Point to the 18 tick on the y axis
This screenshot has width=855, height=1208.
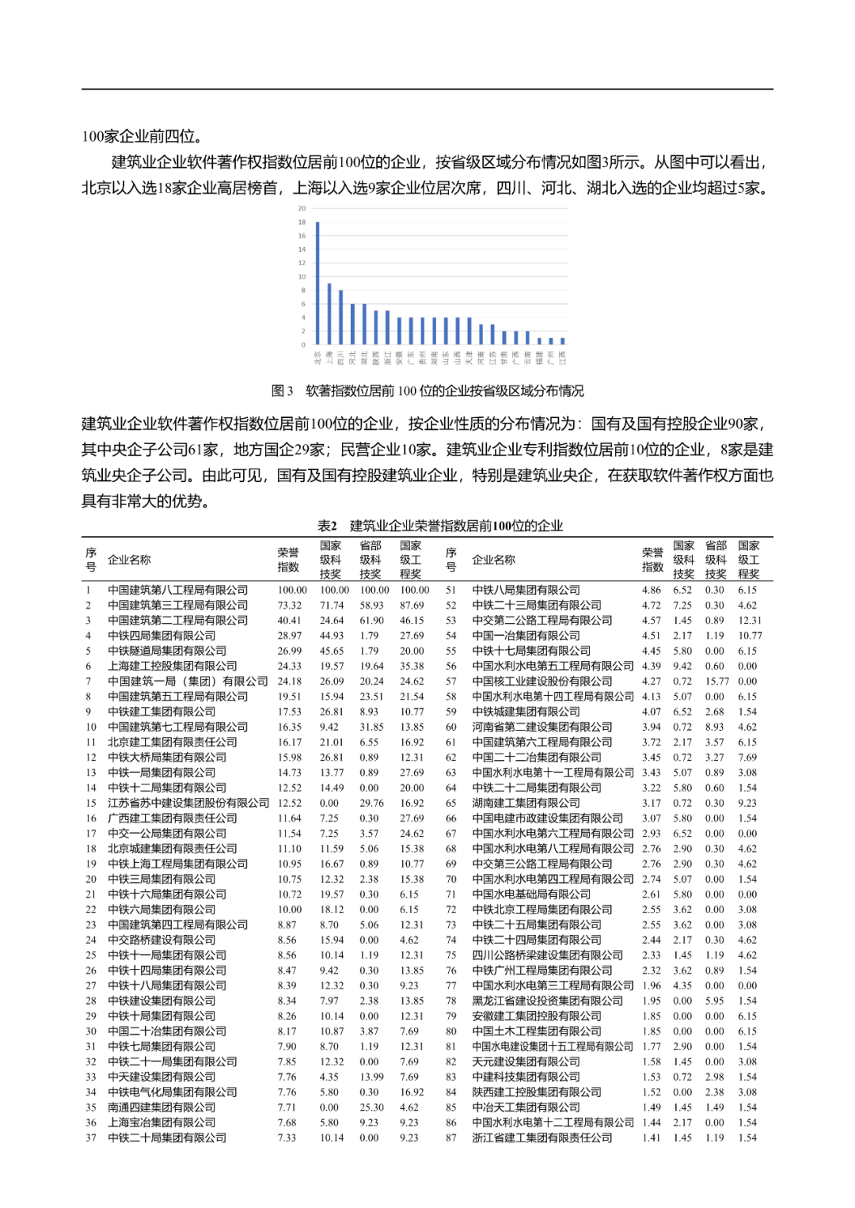point(302,222)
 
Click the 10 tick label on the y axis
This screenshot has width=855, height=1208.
point(302,277)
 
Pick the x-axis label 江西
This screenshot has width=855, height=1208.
point(563,358)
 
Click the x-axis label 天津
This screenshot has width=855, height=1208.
point(469,358)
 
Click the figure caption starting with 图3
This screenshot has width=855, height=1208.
point(427,391)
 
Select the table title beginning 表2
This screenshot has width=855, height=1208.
point(440,526)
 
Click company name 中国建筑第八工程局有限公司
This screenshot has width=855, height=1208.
point(178,590)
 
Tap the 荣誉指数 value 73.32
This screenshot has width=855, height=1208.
point(290,605)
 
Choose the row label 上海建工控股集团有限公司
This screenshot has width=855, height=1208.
point(173,666)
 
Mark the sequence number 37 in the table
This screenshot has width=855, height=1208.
point(91,1138)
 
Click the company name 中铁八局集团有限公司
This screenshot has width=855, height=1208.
point(526,590)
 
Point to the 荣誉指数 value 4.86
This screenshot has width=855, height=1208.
point(652,590)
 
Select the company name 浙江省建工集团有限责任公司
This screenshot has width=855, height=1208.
point(542,1138)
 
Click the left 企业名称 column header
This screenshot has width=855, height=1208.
point(129,560)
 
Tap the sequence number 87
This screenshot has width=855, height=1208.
point(451,1138)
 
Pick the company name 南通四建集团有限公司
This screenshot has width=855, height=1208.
point(161,1107)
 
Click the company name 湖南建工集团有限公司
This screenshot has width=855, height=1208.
point(526,803)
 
